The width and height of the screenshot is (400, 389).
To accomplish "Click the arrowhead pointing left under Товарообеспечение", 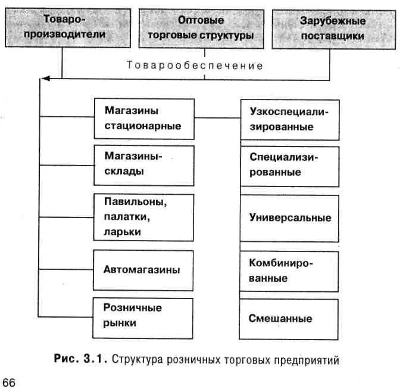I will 45,78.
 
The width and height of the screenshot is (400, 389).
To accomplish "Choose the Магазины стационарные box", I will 144,118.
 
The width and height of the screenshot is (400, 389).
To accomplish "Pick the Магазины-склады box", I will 144,164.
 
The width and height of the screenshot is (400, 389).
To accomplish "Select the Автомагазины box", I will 144,270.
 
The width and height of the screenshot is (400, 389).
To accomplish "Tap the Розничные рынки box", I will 144,315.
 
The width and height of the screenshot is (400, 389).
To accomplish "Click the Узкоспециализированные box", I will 290,120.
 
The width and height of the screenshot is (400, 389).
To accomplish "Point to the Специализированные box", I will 290,165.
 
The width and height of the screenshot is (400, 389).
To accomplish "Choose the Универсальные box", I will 290,217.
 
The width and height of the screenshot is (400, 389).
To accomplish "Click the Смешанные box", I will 290,318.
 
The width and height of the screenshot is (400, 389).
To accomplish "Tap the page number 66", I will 10,382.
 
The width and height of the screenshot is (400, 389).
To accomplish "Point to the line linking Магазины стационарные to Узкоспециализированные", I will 217,118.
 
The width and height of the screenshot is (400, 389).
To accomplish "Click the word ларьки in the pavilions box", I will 123,232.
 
